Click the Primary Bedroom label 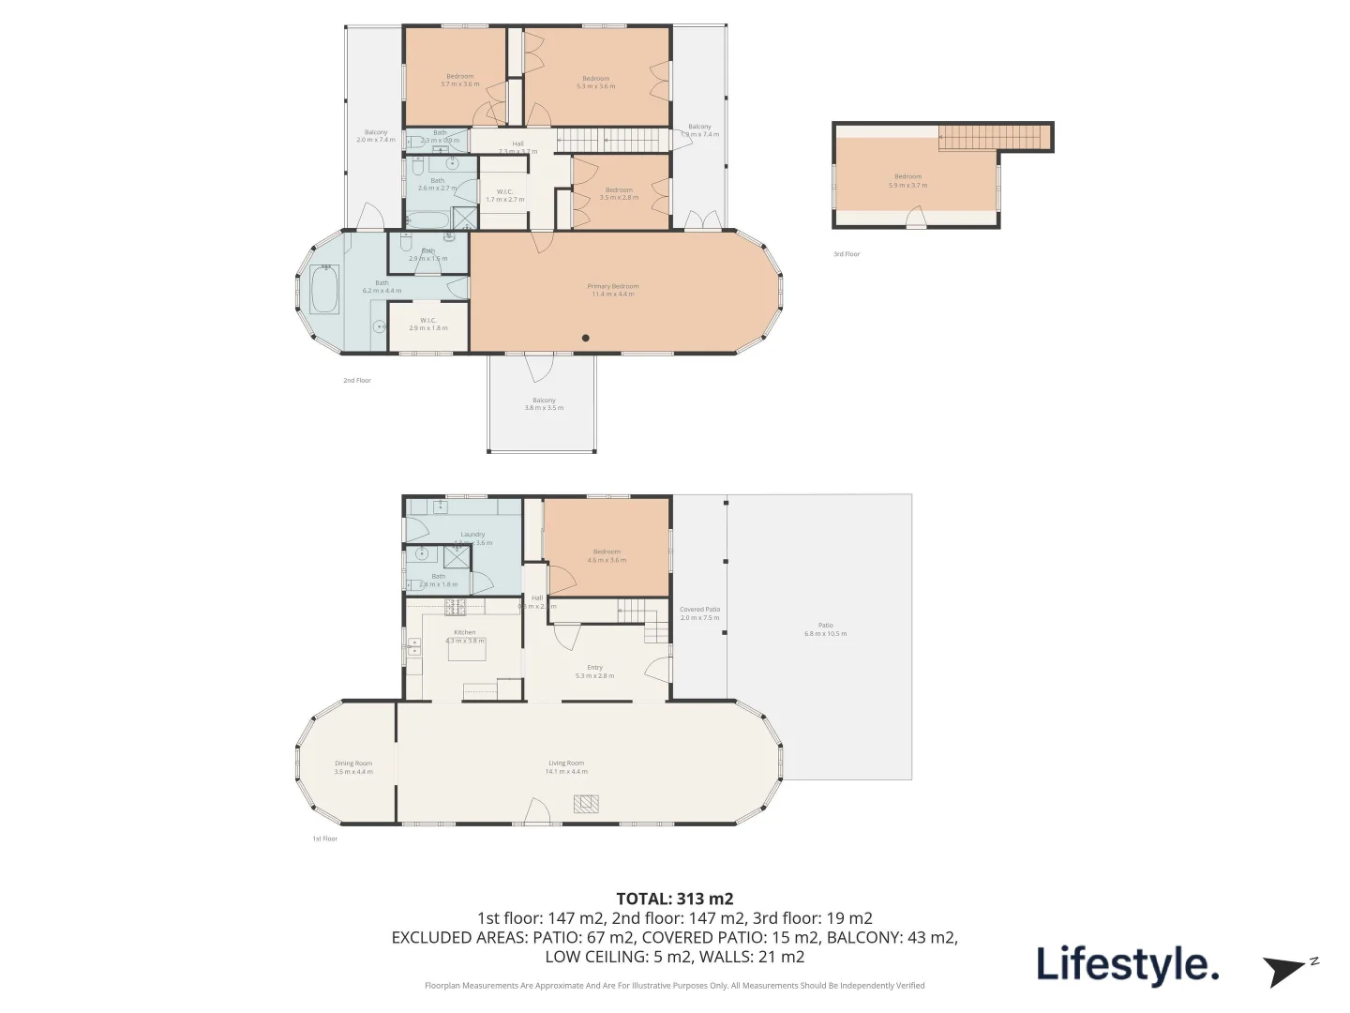pos(612,290)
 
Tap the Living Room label pos(567,767)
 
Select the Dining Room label pos(353,767)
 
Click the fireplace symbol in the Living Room pos(586,804)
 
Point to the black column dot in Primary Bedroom pos(586,338)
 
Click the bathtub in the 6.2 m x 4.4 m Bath pos(324,290)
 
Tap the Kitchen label pos(465,636)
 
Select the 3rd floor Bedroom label pos(907,180)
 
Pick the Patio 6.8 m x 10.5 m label pos(825,629)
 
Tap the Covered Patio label pos(699,613)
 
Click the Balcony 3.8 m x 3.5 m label pos(544,404)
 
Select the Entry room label pos(594,672)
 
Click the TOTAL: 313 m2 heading pos(674,899)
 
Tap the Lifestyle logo pos(1127,964)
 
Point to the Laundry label pos(472,537)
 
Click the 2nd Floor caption pos(356,381)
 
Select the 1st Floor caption pos(324,839)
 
